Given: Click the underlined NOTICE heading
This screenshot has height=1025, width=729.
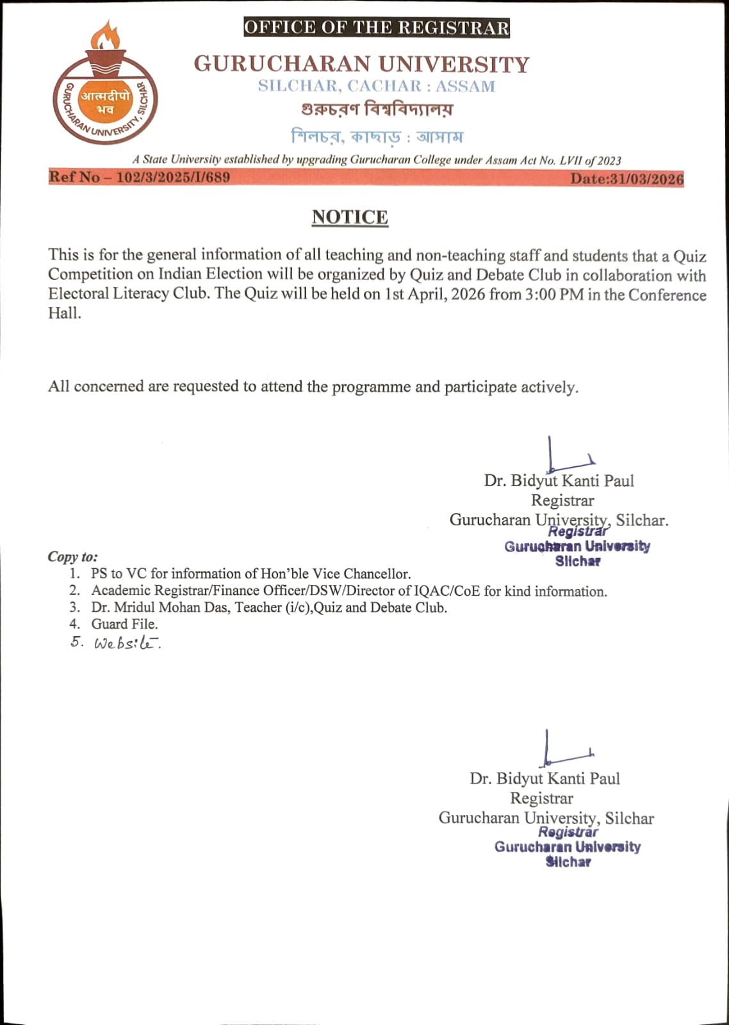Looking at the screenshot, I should [x=350, y=217].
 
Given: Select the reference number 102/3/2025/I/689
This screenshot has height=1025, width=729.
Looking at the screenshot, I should [x=173, y=177].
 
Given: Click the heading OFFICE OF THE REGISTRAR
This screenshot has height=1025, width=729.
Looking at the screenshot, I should [x=377, y=28].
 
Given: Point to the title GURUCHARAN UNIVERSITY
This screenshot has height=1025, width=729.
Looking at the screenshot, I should [x=362, y=64].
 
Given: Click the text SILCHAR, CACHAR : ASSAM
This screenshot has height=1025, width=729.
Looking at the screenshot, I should [x=377, y=86].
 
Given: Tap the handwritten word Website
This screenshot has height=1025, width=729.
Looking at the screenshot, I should [x=126, y=643].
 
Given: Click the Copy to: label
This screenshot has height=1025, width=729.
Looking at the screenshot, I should [x=72, y=557].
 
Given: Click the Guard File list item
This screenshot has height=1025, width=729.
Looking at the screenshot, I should [x=124, y=624].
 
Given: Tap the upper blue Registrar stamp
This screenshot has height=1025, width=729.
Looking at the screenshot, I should [x=577, y=546].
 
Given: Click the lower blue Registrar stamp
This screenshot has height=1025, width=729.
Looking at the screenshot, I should [x=568, y=846].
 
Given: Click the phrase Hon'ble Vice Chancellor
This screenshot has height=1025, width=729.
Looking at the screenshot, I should [x=335, y=574].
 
